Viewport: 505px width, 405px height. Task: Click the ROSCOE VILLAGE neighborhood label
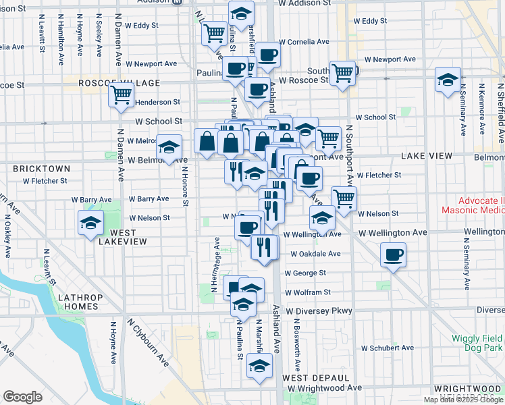point(119,83)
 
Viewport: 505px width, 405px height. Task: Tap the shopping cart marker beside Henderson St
point(121,96)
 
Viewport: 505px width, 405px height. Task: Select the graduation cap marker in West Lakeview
point(90,224)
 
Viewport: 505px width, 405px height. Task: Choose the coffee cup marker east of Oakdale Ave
point(392,255)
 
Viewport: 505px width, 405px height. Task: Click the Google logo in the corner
point(22,396)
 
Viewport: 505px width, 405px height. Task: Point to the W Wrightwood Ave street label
point(324,388)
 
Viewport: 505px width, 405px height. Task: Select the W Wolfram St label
point(308,293)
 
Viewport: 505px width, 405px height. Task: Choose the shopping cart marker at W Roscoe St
point(343,73)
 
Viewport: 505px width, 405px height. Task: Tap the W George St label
point(305,273)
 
